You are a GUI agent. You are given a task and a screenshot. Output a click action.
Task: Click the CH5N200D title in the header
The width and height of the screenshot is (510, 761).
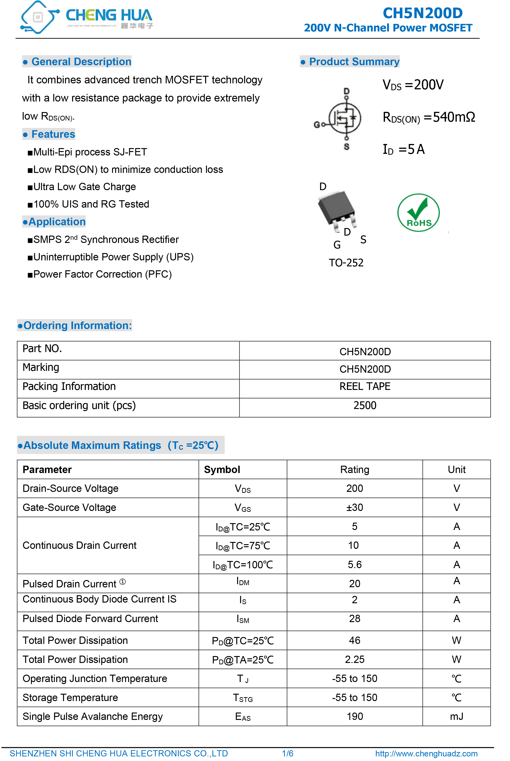point(422,13)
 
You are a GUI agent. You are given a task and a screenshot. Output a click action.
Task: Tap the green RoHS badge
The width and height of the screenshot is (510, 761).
point(418,213)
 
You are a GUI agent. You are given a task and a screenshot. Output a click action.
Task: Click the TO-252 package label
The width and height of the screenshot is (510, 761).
point(346,263)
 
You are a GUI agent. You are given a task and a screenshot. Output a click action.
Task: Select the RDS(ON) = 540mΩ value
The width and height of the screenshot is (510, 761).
point(428,117)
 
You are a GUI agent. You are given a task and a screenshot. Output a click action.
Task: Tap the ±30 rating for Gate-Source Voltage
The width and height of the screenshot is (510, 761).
point(354,507)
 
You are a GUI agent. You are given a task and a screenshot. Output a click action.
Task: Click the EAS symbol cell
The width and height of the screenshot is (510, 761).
point(243,716)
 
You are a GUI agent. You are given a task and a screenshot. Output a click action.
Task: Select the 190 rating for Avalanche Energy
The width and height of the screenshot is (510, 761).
point(354,716)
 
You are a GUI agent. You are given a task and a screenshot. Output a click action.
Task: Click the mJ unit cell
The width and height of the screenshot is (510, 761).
point(456,716)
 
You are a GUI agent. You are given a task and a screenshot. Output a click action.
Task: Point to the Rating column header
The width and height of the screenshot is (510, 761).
point(354,469)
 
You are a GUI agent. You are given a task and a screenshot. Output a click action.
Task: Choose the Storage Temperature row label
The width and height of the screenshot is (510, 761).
point(70,698)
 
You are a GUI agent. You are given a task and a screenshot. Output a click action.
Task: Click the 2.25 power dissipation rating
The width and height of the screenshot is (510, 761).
point(354,660)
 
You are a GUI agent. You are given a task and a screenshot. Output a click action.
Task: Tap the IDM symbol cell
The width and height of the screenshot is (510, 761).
point(243,581)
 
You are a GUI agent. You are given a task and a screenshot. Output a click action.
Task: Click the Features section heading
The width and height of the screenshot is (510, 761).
point(53,134)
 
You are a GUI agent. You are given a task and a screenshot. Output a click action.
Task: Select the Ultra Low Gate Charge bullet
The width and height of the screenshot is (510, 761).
point(84,187)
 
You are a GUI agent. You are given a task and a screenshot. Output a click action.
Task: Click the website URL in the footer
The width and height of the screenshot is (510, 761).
point(426,753)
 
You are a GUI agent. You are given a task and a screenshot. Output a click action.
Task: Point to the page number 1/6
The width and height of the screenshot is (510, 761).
point(288,753)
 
